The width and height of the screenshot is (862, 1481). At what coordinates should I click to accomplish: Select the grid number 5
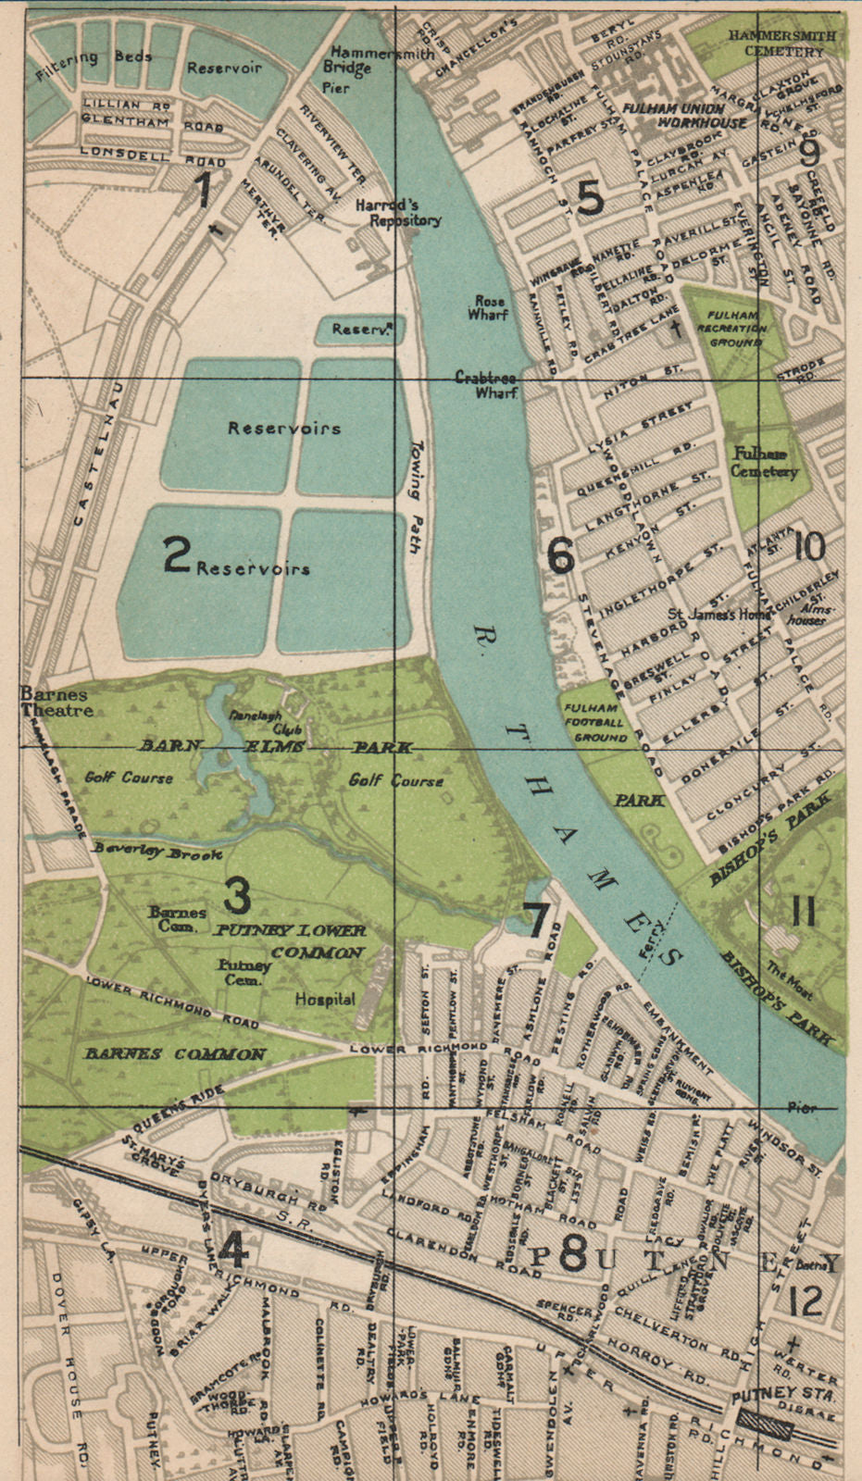click(590, 198)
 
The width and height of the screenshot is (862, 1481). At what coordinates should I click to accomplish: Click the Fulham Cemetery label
click(764, 462)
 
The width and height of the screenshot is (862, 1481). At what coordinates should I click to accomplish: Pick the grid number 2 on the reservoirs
click(176, 555)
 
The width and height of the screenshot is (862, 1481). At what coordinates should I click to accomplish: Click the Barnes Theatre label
click(56, 703)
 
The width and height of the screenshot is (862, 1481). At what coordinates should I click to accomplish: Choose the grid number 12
click(806, 1302)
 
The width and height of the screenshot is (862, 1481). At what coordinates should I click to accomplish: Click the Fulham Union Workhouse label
click(684, 115)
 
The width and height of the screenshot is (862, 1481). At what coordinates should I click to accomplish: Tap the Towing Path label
click(415, 495)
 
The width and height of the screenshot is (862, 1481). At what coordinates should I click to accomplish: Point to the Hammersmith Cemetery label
click(781, 43)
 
